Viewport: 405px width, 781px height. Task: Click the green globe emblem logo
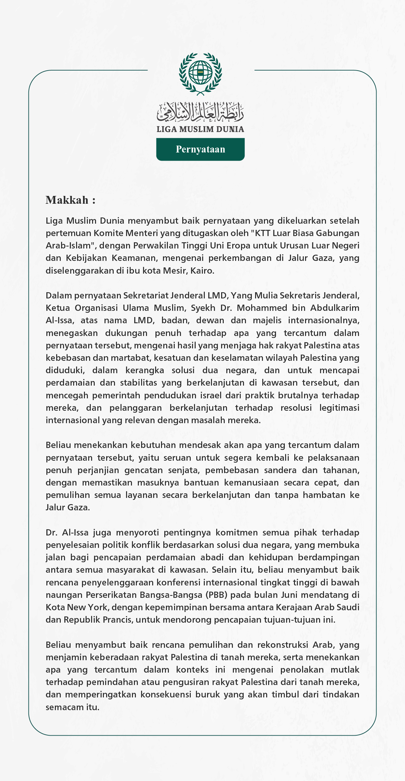pos(200,73)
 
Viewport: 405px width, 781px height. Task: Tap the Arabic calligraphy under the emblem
pos(200,111)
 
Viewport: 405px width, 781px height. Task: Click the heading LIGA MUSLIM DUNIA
pos(200,129)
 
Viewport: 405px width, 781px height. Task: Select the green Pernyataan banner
pos(200,149)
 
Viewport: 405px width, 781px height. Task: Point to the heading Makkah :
pos(71,200)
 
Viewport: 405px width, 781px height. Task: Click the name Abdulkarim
pos(334,308)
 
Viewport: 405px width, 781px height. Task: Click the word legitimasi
pos(339,408)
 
